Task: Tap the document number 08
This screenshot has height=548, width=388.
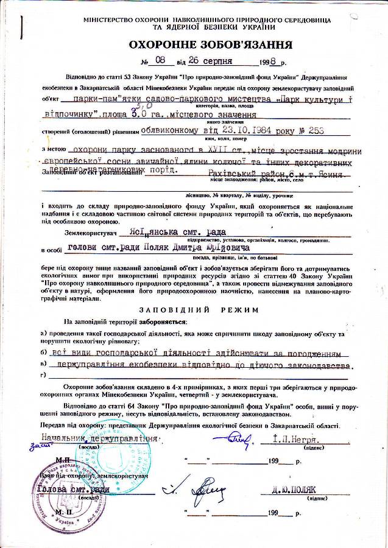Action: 160,60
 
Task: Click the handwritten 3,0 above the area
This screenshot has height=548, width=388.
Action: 142,105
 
